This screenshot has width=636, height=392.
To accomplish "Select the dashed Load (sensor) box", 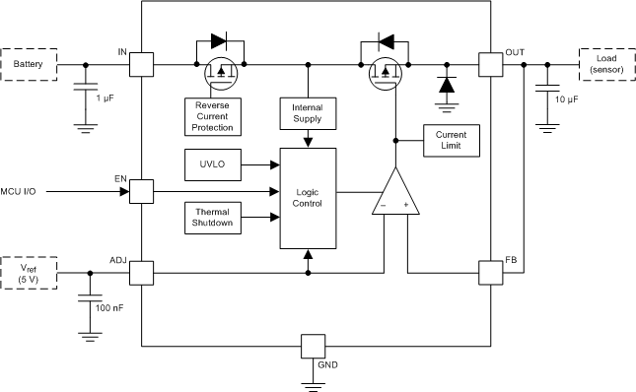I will coord(604,65).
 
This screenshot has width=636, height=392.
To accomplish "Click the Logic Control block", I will coord(308,198).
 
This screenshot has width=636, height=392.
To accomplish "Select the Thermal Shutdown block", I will coord(212,217).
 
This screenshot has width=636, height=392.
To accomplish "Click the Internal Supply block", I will coord(308,112).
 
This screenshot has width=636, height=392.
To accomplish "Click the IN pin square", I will coord(142,65).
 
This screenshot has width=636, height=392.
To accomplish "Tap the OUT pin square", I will coord(489,65).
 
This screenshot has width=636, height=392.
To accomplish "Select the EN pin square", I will coord(142,191).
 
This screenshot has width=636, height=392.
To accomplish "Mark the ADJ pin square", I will coord(142,273).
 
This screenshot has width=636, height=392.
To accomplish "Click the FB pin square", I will coord(489,273).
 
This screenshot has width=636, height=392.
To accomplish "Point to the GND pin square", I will coord(313,346).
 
